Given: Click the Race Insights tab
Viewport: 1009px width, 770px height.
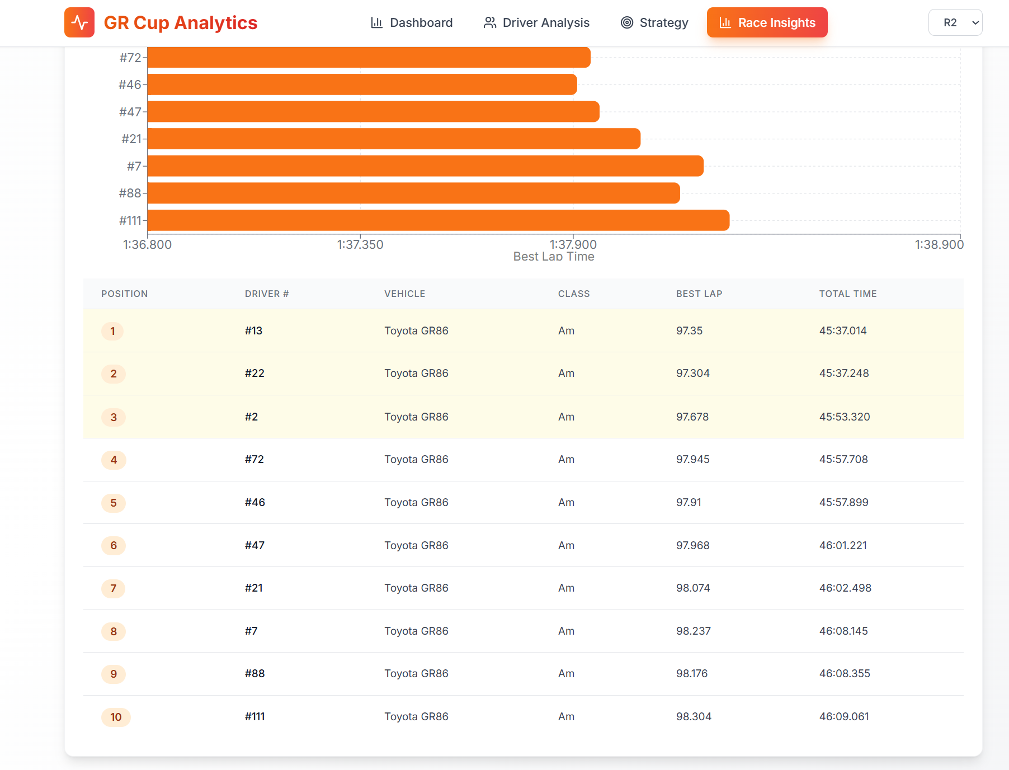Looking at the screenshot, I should tap(767, 22).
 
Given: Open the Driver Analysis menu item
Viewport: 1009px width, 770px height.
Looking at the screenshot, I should tap(536, 22).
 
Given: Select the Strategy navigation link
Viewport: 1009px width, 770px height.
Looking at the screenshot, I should tap(654, 22).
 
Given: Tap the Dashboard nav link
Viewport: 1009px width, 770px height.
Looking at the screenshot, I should tap(412, 22).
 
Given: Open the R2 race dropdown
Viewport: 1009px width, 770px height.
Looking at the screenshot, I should tap(955, 22).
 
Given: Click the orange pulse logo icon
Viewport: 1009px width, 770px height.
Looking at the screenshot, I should tap(79, 22).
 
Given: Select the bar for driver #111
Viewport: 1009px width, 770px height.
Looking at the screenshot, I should tap(438, 220).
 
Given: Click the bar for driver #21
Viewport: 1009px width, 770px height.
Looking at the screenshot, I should tap(394, 139).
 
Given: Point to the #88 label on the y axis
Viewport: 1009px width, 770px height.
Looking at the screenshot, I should tap(130, 193).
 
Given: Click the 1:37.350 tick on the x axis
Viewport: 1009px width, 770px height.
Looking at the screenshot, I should tap(360, 244).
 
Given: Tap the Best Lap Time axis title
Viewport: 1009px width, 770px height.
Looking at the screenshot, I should tap(554, 257).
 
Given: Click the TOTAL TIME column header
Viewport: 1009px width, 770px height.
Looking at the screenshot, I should tap(847, 294).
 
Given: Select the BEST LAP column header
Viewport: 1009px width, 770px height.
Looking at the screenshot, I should tap(699, 294).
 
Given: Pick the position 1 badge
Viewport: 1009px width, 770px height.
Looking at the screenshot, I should tap(112, 331).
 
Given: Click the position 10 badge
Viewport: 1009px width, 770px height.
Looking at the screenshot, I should tap(116, 717).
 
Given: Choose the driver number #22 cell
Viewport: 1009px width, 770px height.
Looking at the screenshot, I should tap(254, 374).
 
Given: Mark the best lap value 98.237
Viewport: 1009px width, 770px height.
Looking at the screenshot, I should tap(693, 631).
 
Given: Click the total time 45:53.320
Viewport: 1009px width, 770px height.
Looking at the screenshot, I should tap(844, 417).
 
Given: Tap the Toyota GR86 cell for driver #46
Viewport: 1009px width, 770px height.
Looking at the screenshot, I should tap(416, 502).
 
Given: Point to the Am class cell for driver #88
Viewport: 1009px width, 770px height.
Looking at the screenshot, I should tap(566, 674).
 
